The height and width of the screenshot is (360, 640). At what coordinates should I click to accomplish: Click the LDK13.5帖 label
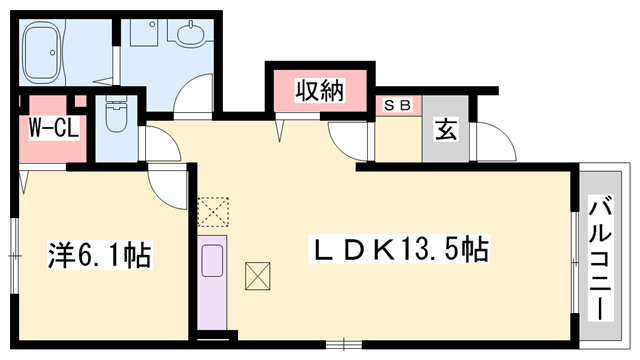click(x=401, y=248)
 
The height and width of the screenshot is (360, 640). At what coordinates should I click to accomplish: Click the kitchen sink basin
click(x=214, y=262)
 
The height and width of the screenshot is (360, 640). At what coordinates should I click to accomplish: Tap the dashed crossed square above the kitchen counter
click(x=213, y=210)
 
